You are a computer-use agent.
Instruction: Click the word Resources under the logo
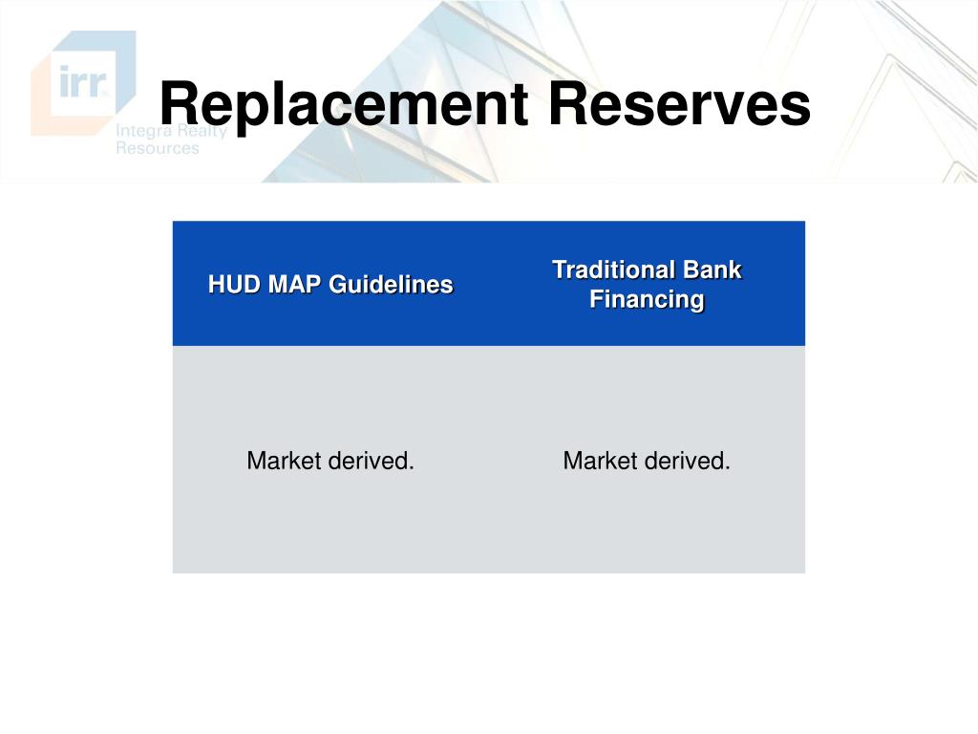[158, 148]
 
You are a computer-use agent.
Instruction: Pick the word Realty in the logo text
[202, 132]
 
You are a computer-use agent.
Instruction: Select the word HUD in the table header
[231, 285]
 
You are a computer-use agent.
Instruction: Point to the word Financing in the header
[647, 300]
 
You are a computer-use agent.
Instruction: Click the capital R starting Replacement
[177, 104]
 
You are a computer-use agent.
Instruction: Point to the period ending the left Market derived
[412, 469]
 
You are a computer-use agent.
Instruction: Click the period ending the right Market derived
[728, 469]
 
